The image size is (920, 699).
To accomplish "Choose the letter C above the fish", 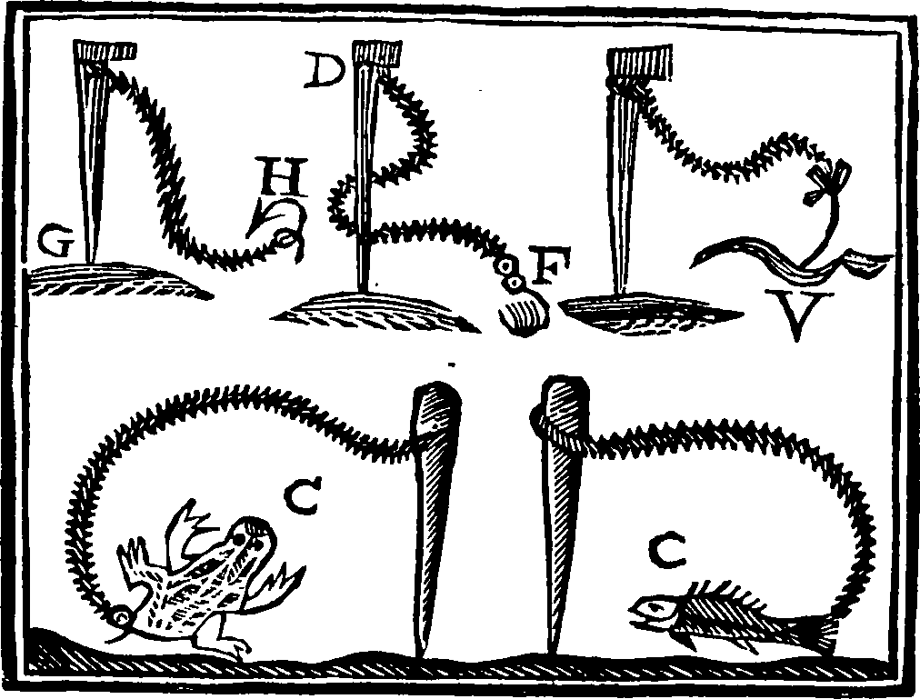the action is pyautogui.click(x=668, y=551).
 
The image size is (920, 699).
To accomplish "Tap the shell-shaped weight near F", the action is pyautogui.click(x=524, y=315).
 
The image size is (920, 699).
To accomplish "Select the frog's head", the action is pyautogui.click(x=249, y=541).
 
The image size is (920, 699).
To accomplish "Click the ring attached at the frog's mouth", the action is pyautogui.click(x=122, y=615).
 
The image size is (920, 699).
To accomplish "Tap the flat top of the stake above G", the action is pyautogui.click(x=105, y=50).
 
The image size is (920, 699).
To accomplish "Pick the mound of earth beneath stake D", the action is pyautogui.click(x=375, y=312).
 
